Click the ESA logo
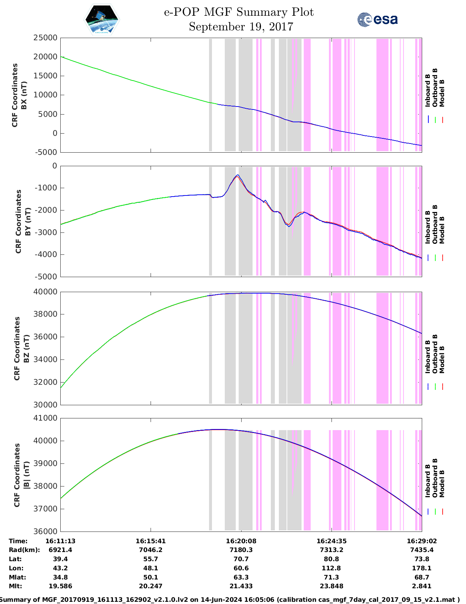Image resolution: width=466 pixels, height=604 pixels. [x=377, y=19]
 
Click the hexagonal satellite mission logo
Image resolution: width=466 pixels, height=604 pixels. [x=102, y=20]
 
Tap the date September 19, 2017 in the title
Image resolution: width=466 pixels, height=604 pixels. [x=241, y=27]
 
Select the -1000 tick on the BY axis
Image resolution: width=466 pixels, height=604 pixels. [x=46, y=188]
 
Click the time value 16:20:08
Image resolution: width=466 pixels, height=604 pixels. [x=241, y=541]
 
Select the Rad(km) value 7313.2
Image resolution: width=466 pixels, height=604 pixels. [x=331, y=550]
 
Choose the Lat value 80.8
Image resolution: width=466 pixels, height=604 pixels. [x=331, y=559]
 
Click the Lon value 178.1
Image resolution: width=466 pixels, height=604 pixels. [x=421, y=568]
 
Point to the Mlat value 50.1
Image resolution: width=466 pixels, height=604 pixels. [x=151, y=577]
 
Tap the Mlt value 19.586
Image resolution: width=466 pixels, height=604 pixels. [x=60, y=586]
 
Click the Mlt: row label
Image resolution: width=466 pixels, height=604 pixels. [x=15, y=586]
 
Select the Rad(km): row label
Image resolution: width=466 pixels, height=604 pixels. [x=24, y=550]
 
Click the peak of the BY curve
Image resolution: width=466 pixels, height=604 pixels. [x=238, y=175]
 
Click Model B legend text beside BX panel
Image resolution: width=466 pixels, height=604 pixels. [x=442, y=93]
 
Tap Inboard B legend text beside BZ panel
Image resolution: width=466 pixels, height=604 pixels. [x=428, y=357]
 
